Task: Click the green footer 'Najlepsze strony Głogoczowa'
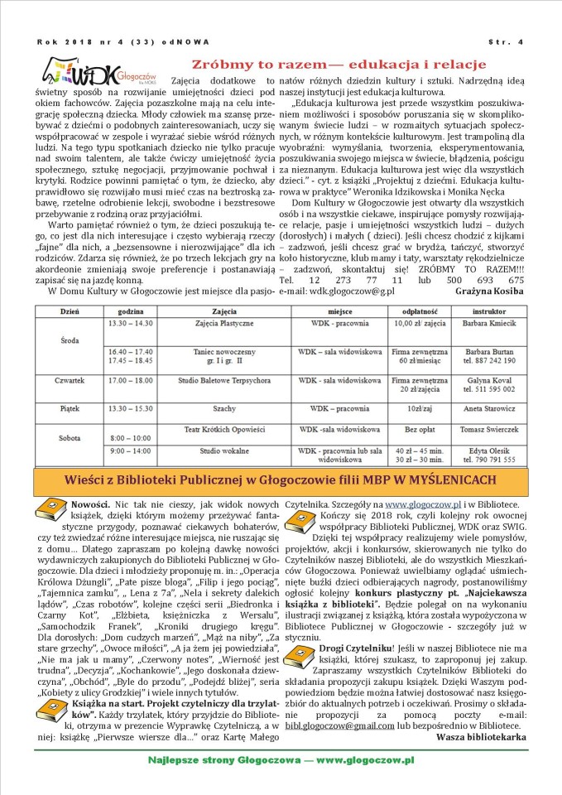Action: coord(281,759)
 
